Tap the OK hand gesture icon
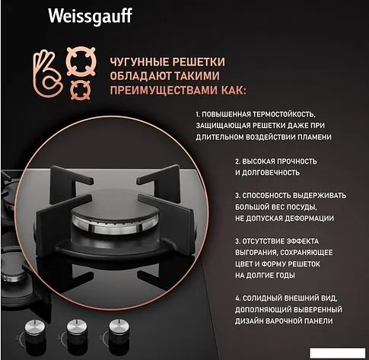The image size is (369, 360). point(48,72)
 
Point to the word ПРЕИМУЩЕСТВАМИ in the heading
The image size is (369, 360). point(164,90)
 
